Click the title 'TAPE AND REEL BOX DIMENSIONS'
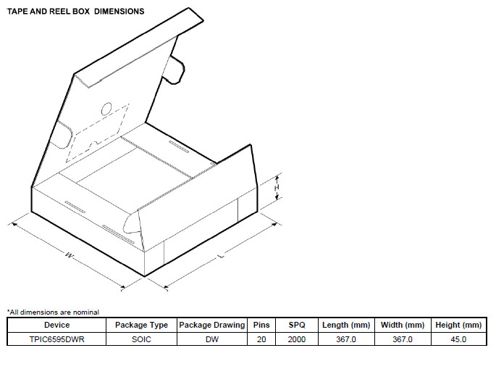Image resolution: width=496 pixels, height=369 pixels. [x=75, y=12]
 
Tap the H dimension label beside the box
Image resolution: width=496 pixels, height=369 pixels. [x=277, y=188]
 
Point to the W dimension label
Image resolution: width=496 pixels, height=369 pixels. [x=70, y=256]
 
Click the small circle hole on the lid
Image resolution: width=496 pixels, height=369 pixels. [x=106, y=109]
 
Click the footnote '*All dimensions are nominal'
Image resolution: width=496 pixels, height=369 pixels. [x=53, y=312]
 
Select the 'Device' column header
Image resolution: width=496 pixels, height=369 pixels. [x=56, y=325]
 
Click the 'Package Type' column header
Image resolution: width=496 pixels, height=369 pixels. [x=141, y=325]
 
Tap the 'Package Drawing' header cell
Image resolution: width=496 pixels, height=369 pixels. [x=212, y=325]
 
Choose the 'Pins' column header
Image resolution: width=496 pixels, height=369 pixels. [x=261, y=325]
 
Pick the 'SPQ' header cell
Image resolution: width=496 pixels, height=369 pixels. [x=298, y=325]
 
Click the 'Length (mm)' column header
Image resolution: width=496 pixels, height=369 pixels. [x=345, y=325]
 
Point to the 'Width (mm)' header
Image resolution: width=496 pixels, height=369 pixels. [x=402, y=325]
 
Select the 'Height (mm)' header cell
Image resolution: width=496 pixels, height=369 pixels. [x=458, y=325]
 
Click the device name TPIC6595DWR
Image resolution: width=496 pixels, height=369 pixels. [x=56, y=339]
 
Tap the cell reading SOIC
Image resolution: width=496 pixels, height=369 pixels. [x=141, y=339]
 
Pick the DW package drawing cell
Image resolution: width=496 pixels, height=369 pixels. [x=212, y=339]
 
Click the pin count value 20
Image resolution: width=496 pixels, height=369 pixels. [x=261, y=339]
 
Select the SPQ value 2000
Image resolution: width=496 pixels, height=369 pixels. [x=298, y=339]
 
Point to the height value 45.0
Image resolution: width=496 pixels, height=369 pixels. [x=458, y=339]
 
